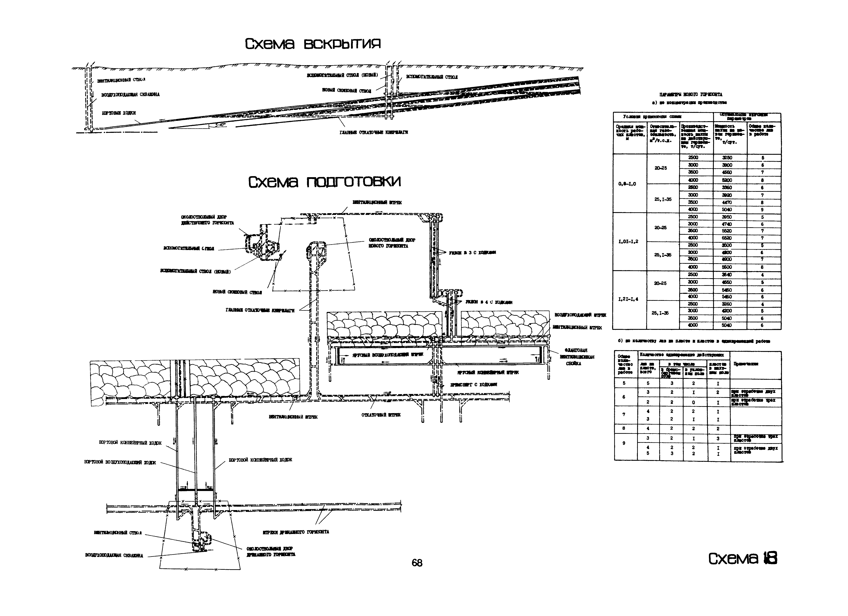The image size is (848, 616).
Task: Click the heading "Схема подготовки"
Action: click(x=324, y=182)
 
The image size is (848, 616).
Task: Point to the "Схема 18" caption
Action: click(x=742, y=569)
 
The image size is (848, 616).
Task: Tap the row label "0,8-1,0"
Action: click(x=627, y=184)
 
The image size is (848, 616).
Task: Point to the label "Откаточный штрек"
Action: click(x=381, y=415)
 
